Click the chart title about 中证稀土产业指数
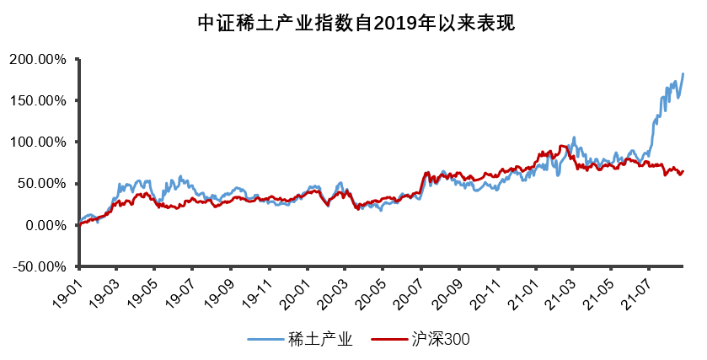point(354,23)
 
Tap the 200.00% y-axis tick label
point(38,60)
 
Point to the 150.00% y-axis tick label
point(38,101)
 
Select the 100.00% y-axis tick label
point(38,142)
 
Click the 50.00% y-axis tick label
point(42,184)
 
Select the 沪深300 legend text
point(441,339)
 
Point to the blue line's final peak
point(683,74)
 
